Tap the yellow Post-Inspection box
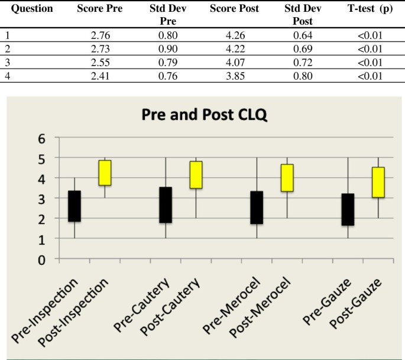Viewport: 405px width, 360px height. coord(105,173)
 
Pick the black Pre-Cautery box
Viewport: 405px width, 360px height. coord(166,205)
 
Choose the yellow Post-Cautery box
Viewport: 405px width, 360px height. coord(196,174)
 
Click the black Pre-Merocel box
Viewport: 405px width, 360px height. coord(257,207)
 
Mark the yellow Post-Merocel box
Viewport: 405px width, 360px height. coord(287,177)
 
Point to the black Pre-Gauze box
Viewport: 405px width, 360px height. coord(348,209)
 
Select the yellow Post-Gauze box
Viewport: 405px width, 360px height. coord(378,182)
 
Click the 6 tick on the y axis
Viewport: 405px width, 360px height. coord(41,138)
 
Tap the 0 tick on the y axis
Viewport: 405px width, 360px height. coord(41,259)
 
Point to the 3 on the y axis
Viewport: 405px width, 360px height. coord(41,199)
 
